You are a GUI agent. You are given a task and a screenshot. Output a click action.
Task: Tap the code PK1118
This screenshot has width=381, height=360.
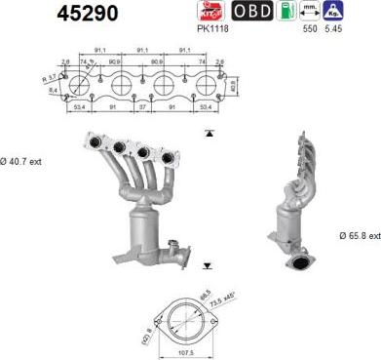(x=212, y=29)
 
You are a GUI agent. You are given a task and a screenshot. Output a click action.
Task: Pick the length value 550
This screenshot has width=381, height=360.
(x=311, y=30)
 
